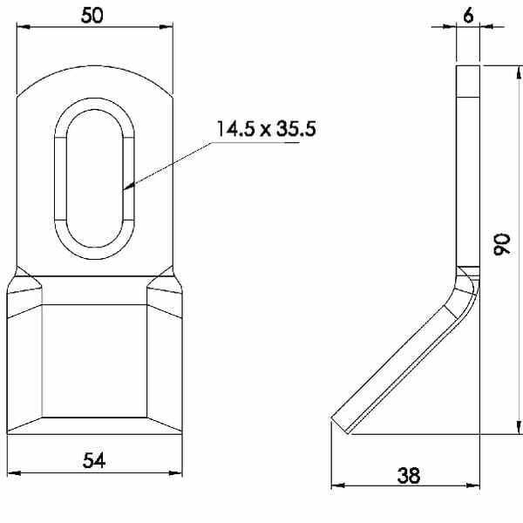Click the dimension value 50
[92, 16]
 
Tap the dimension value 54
[94, 460]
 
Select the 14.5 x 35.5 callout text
[266, 129]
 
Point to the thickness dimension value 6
[468, 16]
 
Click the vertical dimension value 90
[502, 244]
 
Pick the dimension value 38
[409, 475]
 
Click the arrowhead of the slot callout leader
[129, 187]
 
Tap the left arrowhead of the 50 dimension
[23, 26]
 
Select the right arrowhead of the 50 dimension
[166, 26]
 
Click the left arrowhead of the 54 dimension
[14, 472]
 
